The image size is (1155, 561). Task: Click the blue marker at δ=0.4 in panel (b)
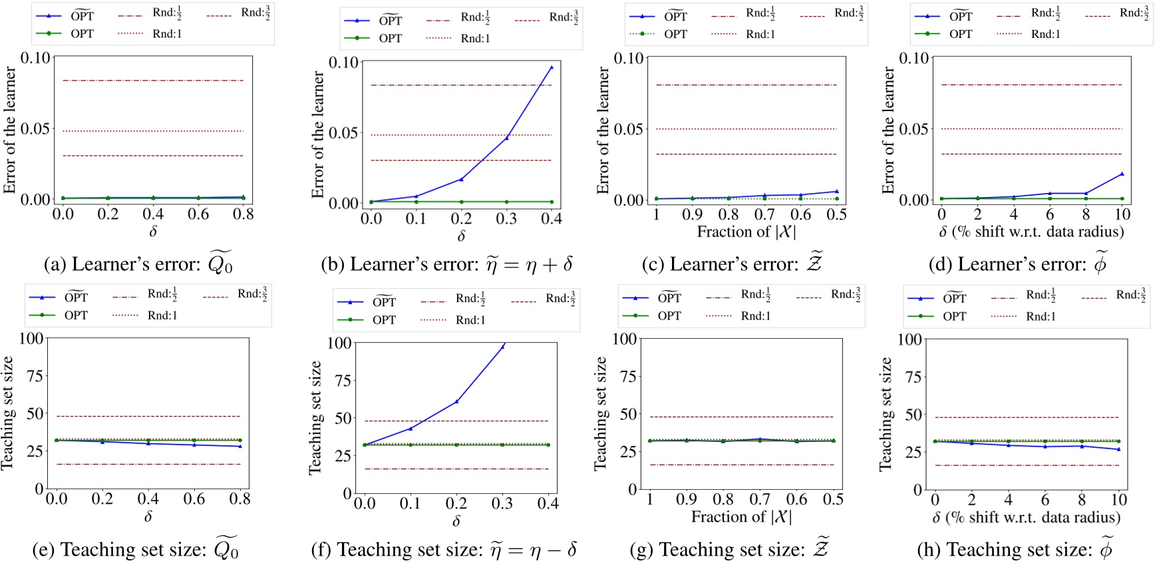pos(551,67)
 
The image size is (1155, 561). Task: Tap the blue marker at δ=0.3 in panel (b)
pos(506,138)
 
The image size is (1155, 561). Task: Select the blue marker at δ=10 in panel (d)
pos(1122,174)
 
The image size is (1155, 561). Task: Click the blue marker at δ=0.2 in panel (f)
pos(456,401)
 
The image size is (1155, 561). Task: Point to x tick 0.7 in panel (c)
pos(764,214)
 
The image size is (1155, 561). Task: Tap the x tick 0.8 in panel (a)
pos(243,214)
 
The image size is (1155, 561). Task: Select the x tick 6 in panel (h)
pos(1045,499)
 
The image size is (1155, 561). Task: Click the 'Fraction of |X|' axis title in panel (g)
pos(741,517)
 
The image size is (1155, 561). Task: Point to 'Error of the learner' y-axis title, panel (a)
pos(9,129)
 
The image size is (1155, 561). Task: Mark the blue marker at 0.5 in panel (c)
pos(836,192)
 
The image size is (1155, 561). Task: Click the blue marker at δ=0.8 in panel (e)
pos(240,446)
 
